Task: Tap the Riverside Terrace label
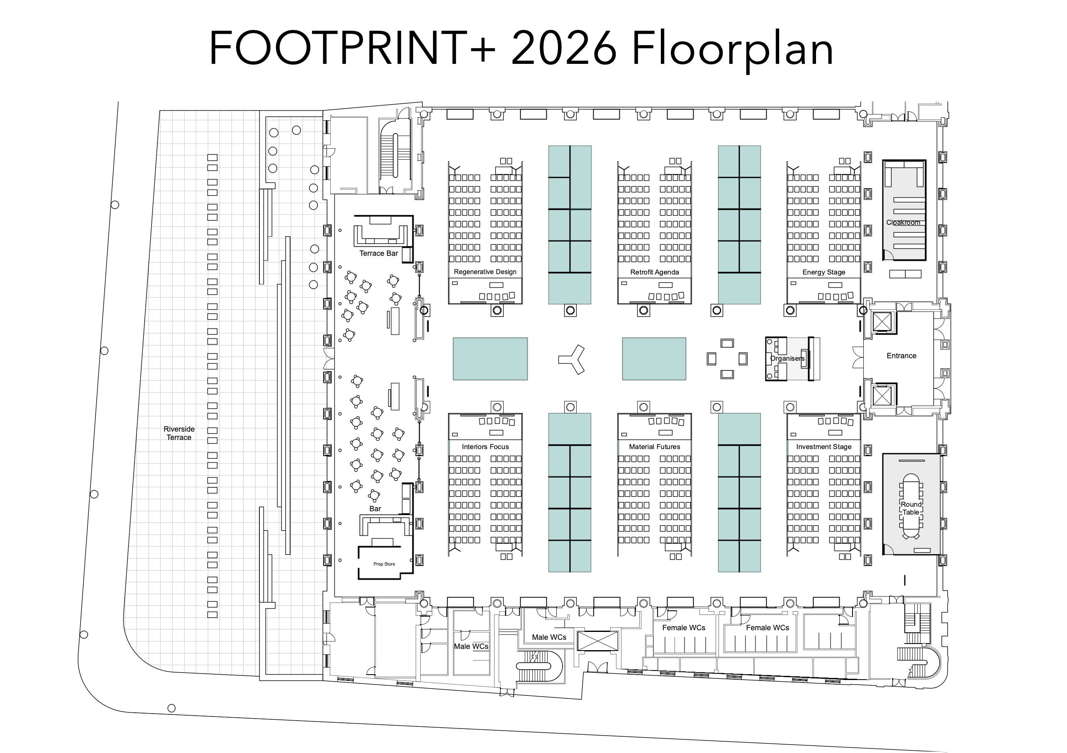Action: pos(179,433)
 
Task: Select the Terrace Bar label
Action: pos(378,254)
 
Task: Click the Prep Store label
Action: pos(384,564)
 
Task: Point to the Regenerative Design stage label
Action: pos(485,272)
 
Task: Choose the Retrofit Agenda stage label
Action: pos(654,272)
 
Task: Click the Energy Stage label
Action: pos(823,272)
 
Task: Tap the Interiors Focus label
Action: pos(485,447)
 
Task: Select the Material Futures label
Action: pos(654,447)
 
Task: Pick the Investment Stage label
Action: pos(823,447)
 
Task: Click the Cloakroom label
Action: pos(903,223)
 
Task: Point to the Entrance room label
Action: pos(901,356)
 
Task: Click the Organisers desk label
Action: pos(787,359)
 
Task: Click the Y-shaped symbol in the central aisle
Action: pos(574,359)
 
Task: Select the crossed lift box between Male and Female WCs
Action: pos(598,641)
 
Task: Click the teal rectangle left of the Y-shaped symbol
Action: pos(490,359)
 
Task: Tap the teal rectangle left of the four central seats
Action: pos(654,359)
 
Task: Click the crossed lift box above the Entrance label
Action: pos(882,321)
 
